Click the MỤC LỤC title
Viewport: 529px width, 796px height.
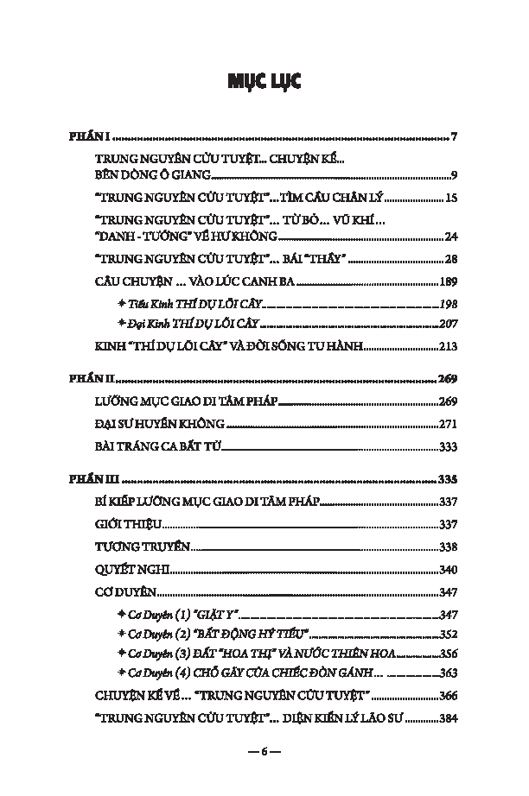click(264, 82)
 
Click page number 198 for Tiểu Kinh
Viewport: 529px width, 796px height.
click(448, 304)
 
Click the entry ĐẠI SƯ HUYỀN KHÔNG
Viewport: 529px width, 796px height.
click(159, 424)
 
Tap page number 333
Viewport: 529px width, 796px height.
click(448, 446)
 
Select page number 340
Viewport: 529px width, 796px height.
click(448, 570)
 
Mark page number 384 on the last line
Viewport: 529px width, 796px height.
click(448, 718)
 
